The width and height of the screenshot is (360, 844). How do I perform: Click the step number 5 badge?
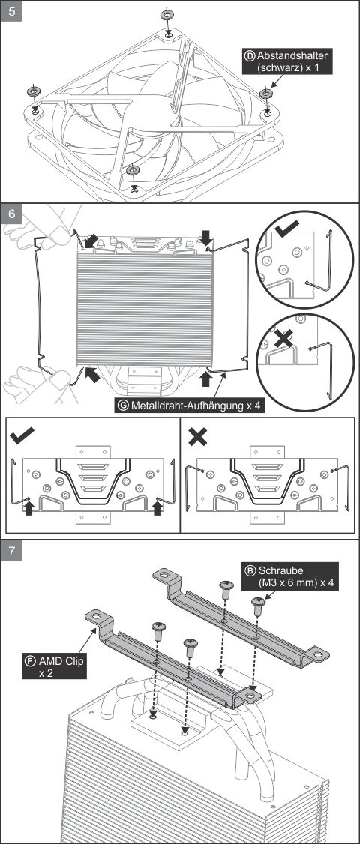(x=11, y=11)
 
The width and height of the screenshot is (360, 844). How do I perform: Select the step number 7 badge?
(x=11, y=551)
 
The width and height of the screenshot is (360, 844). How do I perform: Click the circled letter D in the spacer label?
(x=250, y=55)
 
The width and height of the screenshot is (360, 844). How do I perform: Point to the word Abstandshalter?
(x=292, y=55)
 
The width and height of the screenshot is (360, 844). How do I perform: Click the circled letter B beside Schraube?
(x=250, y=570)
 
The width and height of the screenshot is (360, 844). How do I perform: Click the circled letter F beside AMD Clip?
(x=30, y=660)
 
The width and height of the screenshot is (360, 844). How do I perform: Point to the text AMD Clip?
(x=61, y=660)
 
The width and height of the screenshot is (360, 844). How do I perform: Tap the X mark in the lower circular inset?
(x=283, y=338)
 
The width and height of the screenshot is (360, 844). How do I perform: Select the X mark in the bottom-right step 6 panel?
(x=198, y=436)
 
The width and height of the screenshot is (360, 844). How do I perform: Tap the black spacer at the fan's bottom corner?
(x=133, y=171)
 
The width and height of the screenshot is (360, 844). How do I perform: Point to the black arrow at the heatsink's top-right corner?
(x=206, y=236)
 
